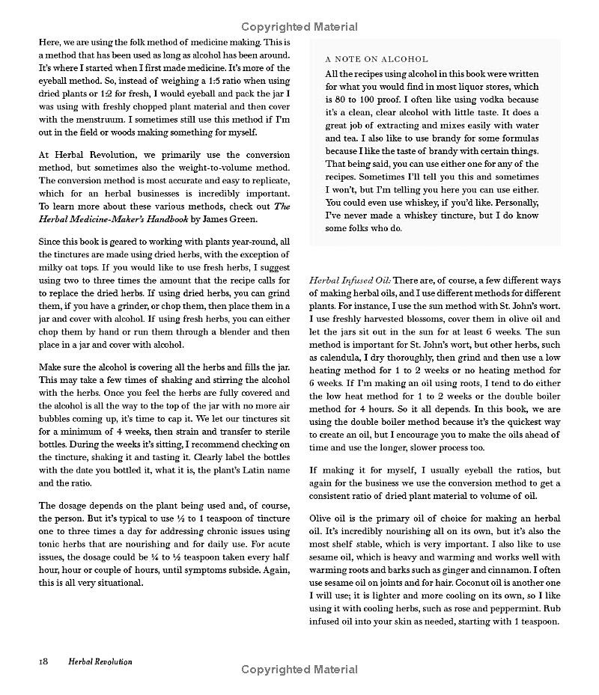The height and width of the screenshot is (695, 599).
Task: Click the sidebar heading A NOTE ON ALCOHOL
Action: click(x=377, y=59)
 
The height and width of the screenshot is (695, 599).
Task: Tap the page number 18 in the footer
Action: click(x=43, y=661)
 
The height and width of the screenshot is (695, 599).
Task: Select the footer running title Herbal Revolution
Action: click(x=100, y=661)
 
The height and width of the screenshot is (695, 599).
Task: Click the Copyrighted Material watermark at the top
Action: click(x=299, y=27)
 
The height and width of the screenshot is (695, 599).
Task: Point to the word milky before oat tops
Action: click(x=52, y=268)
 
